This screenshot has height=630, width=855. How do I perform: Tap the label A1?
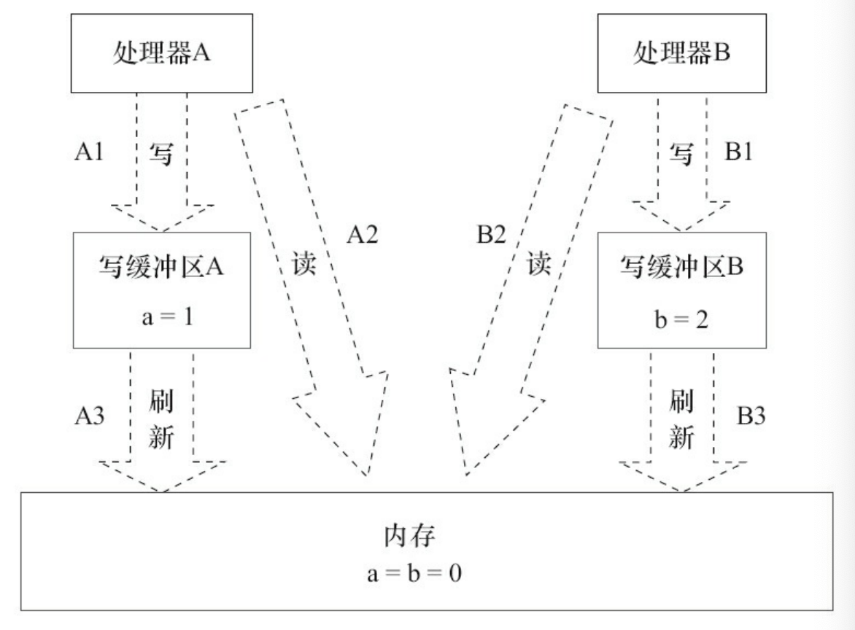click(90, 152)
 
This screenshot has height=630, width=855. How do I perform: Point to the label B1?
click(740, 152)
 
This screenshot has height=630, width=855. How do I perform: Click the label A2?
click(363, 236)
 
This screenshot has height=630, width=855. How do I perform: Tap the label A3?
click(90, 416)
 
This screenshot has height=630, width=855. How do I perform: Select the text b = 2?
click(681, 319)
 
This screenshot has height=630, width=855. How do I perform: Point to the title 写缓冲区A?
click(161, 266)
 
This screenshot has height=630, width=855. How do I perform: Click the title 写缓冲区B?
click(681, 266)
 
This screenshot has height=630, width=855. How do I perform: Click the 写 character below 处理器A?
click(162, 154)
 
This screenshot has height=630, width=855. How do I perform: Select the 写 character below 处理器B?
click(682, 154)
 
